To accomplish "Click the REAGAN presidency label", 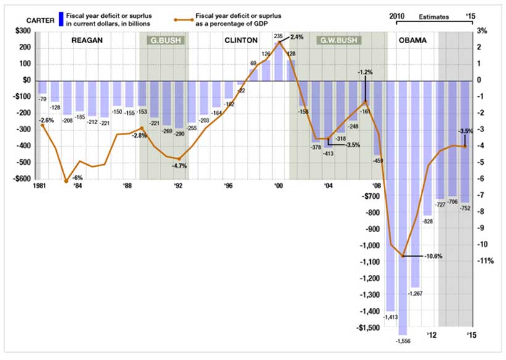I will [x=86, y=41].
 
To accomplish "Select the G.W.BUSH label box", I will [x=339, y=41].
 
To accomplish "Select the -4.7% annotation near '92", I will [x=179, y=165].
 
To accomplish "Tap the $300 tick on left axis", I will [x=21, y=31].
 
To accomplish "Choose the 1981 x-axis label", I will [x=43, y=185].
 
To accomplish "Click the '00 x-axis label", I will [x=279, y=185].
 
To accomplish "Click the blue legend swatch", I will [x=60, y=19].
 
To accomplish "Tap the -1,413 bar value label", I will [x=389, y=317].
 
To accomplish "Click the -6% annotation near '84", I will [x=78, y=177].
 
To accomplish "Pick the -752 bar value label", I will [x=465, y=209].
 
